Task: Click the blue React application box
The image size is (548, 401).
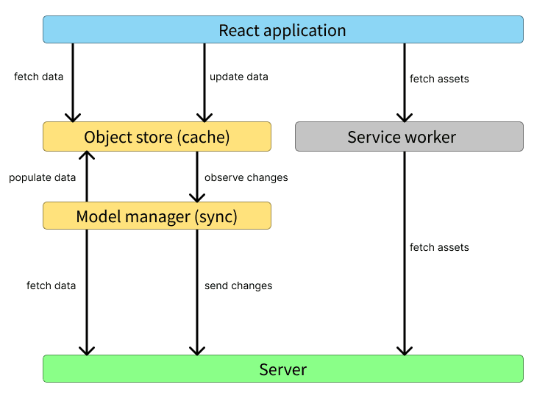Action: click(x=282, y=30)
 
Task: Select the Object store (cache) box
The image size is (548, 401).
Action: click(x=157, y=137)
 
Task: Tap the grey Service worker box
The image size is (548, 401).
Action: click(x=409, y=137)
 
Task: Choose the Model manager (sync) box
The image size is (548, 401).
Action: click(x=157, y=216)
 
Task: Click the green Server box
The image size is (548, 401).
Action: click(x=282, y=369)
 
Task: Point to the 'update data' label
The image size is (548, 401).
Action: click(x=238, y=77)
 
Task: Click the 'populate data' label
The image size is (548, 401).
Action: click(x=42, y=177)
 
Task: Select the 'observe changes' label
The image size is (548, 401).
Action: click(x=246, y=177)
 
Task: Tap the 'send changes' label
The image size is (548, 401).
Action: click(x=238, y=285)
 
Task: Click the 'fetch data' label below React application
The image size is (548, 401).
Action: click(x=38, y=77)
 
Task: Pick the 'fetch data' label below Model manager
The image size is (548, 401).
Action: click(x=51, y=285)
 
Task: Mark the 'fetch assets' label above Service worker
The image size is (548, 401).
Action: click(x=439, y=79)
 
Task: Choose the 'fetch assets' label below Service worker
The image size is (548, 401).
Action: click(x=439, y=247)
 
